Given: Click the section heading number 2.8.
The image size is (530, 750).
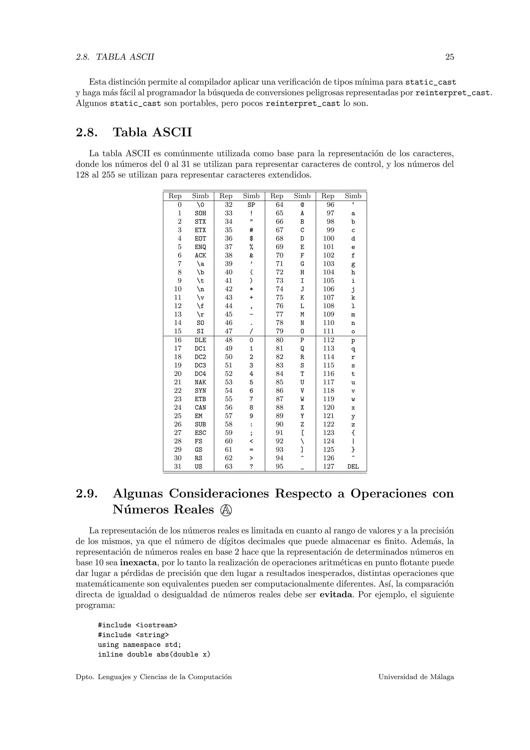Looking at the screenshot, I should pyautogui.click(x=87, y=132).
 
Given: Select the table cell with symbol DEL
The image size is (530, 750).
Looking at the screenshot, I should pyautogui.click(x=353, y=466).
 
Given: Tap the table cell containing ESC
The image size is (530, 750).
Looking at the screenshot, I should pyautogui.click(x=200, y=433).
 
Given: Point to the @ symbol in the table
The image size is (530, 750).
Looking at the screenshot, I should pyautogui.click(x=302, y=205).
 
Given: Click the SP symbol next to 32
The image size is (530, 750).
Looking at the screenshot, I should pyautogui.click(x=251, y=205).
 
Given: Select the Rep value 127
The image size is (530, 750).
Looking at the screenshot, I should pyautogui.click(x=329, y=466).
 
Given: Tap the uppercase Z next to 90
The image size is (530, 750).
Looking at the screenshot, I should pyautogui.click(x=302, y=424).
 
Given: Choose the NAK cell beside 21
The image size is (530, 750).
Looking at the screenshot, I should pyautogui.click(x=200, y=382).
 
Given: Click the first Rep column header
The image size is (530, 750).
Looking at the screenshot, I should pyautogui.click(x=175, y=196).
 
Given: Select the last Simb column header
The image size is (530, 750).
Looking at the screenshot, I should pyautogui.click(x=353, y=196).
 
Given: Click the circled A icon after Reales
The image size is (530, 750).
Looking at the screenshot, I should pyautogui.click(x=226, y=510).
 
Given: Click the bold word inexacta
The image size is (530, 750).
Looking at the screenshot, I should pyautogui.click(x=139, y=563).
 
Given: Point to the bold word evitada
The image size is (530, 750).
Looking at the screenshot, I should pyautogui.click(x=336, y=595).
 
